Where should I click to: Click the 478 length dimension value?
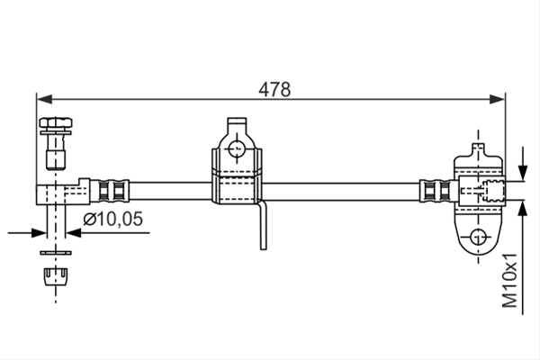click(x=274, y=90)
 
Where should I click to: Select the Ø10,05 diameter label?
click(x=112, y=219)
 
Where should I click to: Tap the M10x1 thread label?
click(x=509, y=280)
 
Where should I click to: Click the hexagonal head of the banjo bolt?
click(x=56, y=123)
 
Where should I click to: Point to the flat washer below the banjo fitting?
click(x=56, y=253)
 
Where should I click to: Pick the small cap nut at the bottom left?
click(x=56, y=276)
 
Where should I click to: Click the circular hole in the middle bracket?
click(x=236, y=149)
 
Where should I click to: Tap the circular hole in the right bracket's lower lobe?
click(x=478, y=237)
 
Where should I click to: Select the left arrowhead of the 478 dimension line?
click(x=44, y=99)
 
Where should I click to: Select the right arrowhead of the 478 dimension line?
click(x=498, y=99)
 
